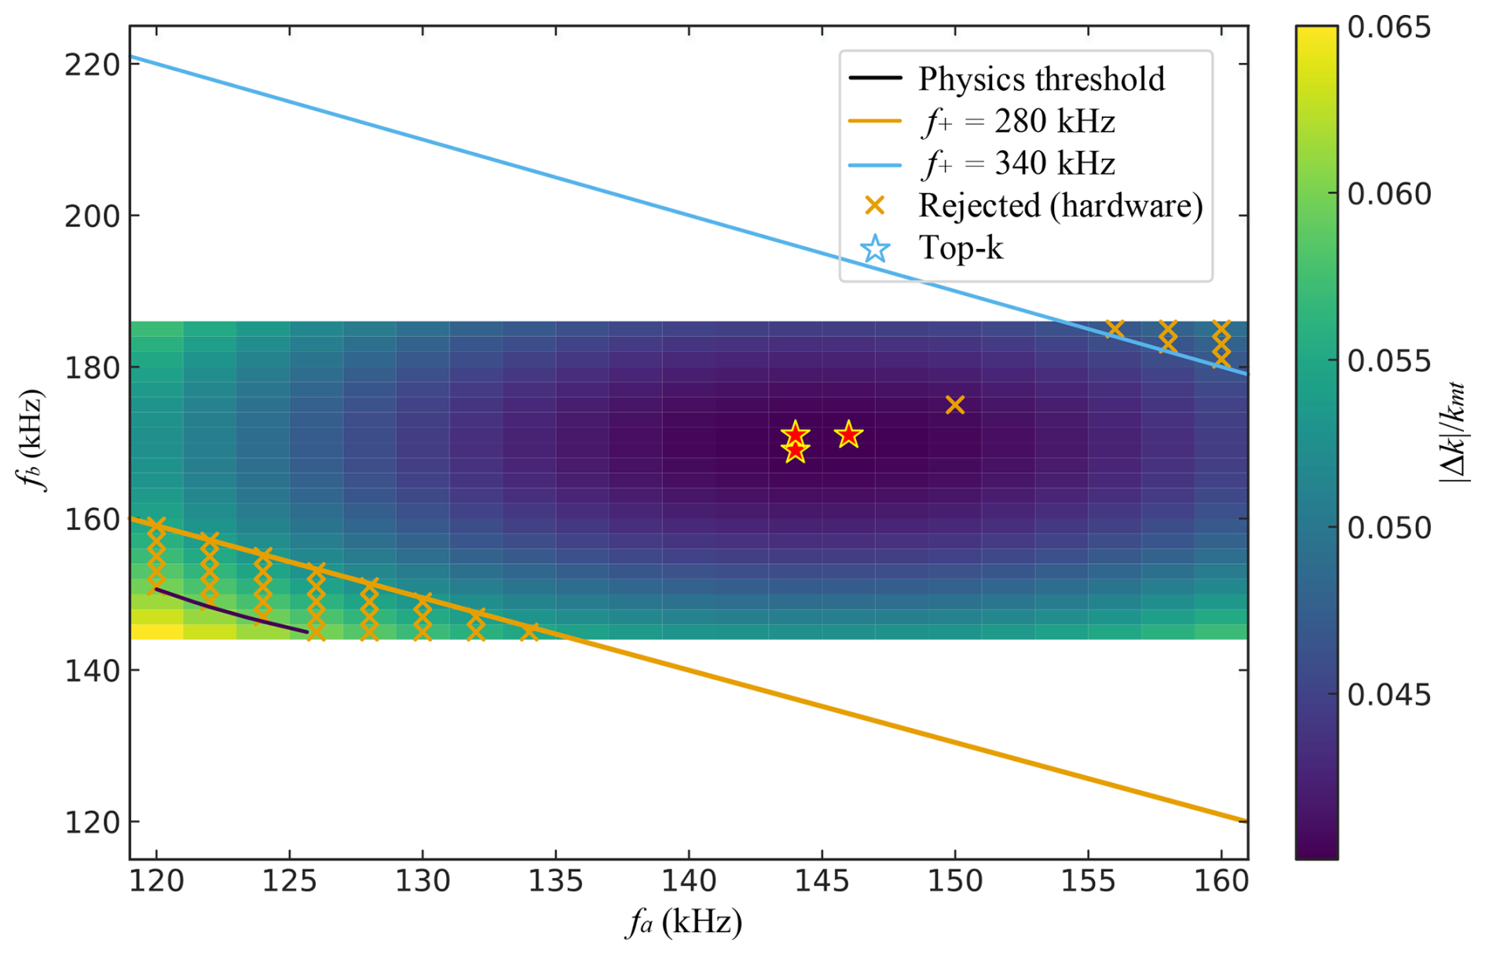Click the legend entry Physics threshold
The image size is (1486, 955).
pyautogui.click(x=1041, y=79)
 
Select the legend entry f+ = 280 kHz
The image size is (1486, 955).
pyautogui.click(x=1017, y=122)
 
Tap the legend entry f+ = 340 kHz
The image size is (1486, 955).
pyautogui.click(x=1017, y=164)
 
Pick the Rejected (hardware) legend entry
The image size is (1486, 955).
pyautogui.click(x=1060, y=206)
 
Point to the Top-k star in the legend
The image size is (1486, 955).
pyautogui.click(x=875, y=249)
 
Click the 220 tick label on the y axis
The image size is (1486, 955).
pyautogui.click(x=92, y=64)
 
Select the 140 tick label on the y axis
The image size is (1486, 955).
pyautogui.click(x=92, y=671)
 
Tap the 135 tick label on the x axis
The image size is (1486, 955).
pyautogui.click(x=556, y=881)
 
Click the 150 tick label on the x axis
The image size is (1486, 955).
pyautogui.click(x=955, y=881)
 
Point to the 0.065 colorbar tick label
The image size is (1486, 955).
pyautogui.click(x=1389, y=27)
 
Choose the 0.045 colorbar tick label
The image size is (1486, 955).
pyautogui.click(x=1389, y=695)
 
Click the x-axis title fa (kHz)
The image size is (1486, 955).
pyautogui.click(x=683, y=923)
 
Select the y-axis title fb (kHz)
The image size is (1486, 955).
pyautogui.click(x=33, y=440)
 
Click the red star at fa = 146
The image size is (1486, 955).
pyautogui.click(x=848, y=434)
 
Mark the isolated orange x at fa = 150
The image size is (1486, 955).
pyautogui.click(x=955, y=405)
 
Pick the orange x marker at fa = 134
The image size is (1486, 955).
pyautogui.click(x=529, y=631)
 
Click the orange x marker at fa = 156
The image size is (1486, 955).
pyautogui.click(x=1114, y=327)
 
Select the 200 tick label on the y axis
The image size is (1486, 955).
pyautogui.click(x=92, y=216)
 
